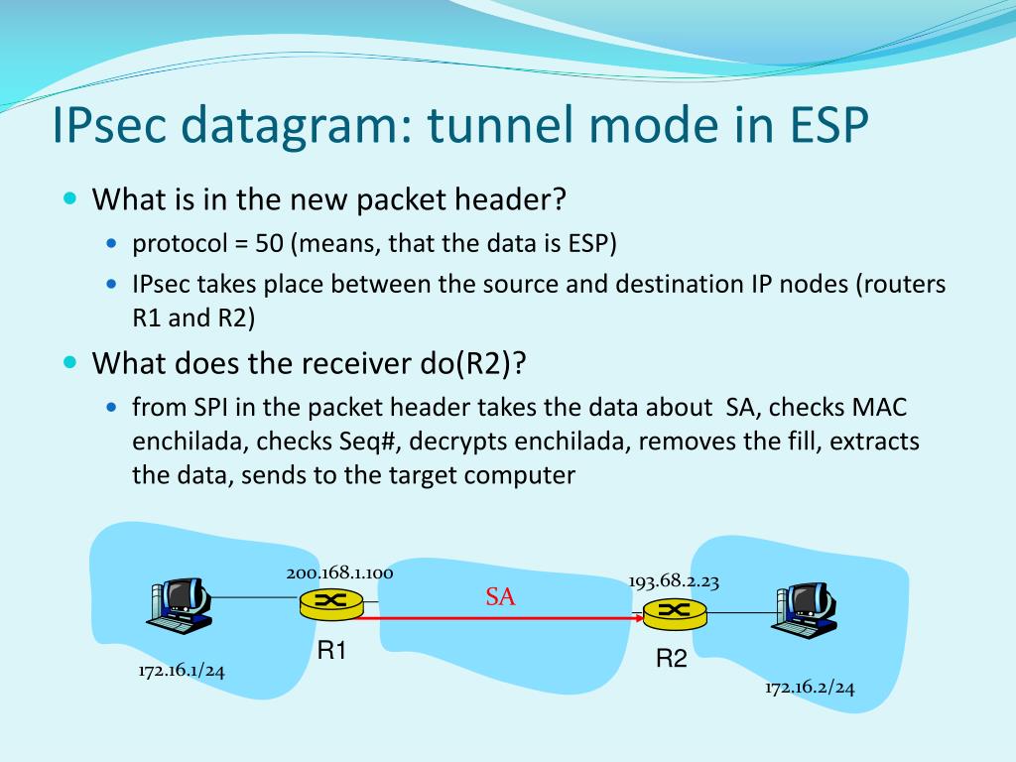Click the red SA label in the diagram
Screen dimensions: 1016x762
[x=500, y=597]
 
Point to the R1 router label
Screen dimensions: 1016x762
[x=331, y=652]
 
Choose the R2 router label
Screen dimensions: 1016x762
[x=672, y=658]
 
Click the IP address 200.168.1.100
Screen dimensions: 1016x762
[x=339, y=572]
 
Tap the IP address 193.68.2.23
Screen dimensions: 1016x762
[x=674, y=581]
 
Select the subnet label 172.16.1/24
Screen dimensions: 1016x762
[x=182, y=671]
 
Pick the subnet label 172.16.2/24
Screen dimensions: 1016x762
[x=810, y=688]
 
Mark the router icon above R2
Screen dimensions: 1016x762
[x=674, y=612]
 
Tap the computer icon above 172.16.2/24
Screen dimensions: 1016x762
[x=805, y=609]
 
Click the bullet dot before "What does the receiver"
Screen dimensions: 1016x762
[x=69, y=363]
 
